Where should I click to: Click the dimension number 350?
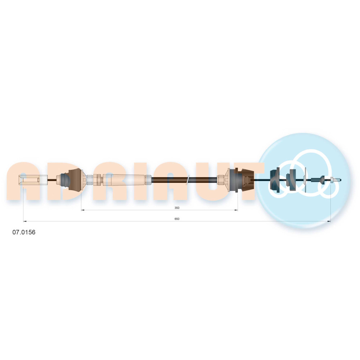177,208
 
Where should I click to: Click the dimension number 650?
177,219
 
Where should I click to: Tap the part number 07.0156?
24,232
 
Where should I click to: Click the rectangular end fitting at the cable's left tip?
33,180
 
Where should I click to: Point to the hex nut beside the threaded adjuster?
98,180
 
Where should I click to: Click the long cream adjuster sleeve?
125,180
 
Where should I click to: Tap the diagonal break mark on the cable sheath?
189,179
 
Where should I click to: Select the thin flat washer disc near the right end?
305,180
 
